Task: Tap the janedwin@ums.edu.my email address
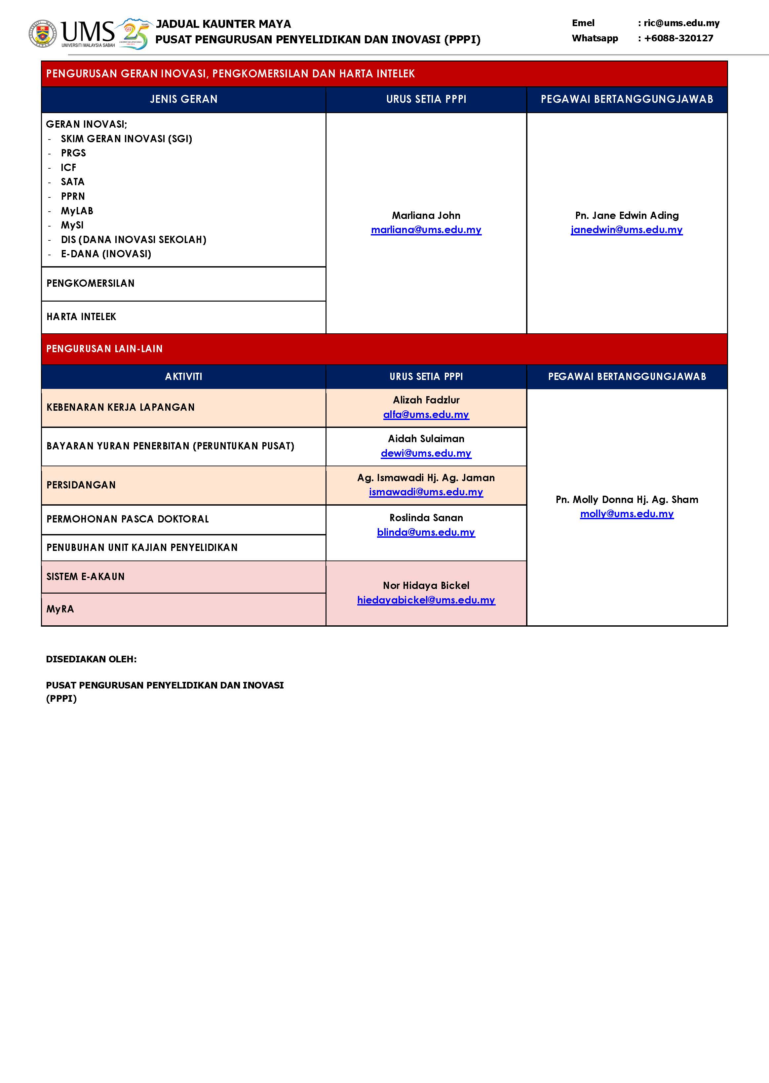[627, 230]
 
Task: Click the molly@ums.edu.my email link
[627, 514]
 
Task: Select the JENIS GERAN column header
[184, 100]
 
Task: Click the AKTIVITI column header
[184, 377]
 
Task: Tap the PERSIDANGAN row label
[81, 485]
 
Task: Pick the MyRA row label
[60, 609]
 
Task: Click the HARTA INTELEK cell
[81, 317]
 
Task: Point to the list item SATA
[72, 182]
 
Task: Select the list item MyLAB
[77, 211]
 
